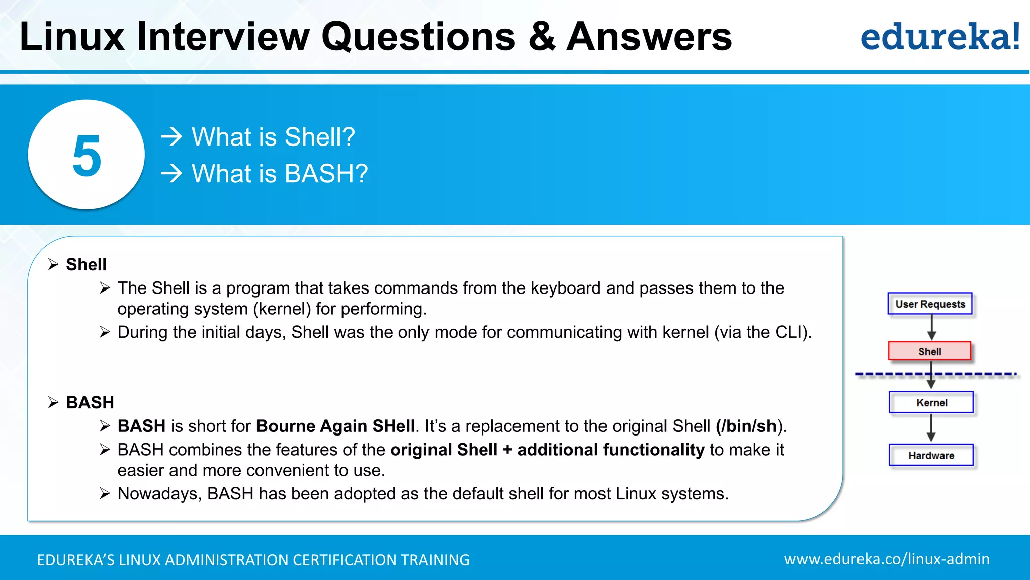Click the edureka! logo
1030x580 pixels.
tap(939, 36)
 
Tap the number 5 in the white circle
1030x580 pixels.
tap(87, 156)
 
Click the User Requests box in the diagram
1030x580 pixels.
tap(930, 304)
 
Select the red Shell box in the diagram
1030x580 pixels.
tap(929, 351)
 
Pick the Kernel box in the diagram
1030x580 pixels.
tap(931, 402)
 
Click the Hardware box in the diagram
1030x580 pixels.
tap(931, 455)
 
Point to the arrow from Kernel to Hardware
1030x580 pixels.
tap(931, 428)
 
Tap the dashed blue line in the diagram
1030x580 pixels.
tap(885, 374)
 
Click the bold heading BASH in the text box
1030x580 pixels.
tap(90, 402)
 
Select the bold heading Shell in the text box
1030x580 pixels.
tap(86, 264)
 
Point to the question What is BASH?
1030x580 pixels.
tap(280, 173)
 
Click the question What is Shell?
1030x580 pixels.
tap(273, 137)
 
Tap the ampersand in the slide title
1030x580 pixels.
tap(542, 36)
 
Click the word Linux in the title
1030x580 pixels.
tap(72, 36)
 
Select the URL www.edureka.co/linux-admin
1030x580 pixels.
tap(886, 559)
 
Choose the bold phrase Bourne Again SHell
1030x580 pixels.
tap(335, 426)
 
